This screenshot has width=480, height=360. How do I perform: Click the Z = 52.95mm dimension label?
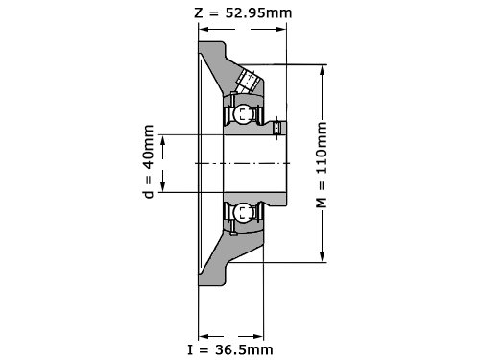click(243, 13)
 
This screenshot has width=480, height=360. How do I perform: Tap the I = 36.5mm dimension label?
click(230, 349)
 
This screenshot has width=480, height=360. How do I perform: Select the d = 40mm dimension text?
click(149, 161)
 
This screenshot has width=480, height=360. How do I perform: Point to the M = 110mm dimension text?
click(322, 164)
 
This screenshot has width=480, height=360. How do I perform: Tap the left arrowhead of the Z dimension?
click(204, 29)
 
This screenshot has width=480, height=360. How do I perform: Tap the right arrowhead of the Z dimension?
click(281, 29)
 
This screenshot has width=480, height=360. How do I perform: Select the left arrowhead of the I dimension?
click(204, 336)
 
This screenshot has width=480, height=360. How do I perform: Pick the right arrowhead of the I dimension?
click(258, 336)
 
